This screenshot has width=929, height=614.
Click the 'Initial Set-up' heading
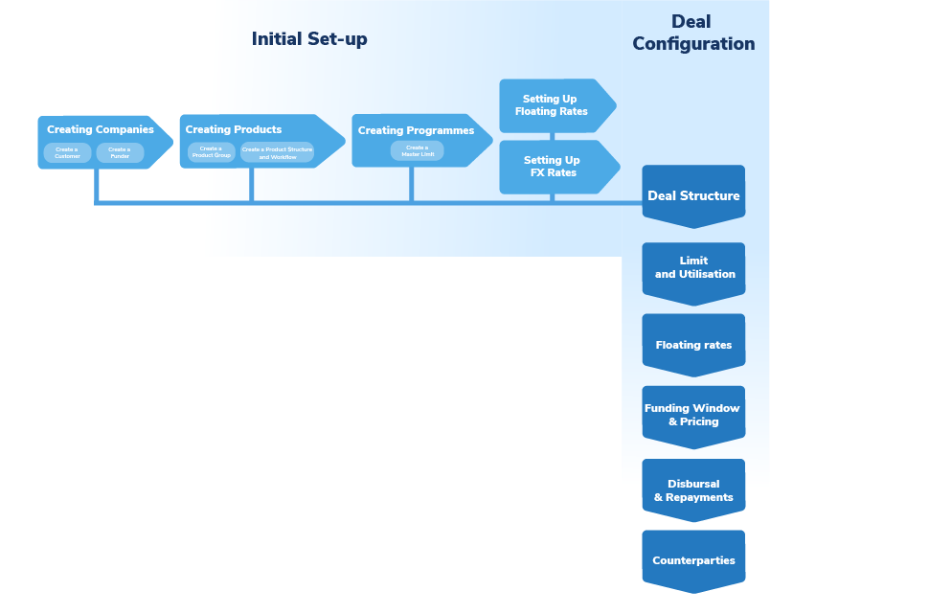click(309, 39)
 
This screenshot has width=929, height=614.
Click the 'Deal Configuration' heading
click(693, 33)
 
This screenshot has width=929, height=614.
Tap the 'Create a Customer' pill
click(67, 152)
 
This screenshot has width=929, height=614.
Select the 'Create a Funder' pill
click(120, 152)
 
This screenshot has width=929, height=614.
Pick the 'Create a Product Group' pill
click(211, 151)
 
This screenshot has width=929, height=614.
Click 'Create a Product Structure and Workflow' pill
click(277, 152)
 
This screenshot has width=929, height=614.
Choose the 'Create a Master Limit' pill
click(417, 150)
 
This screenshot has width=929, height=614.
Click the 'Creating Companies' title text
click(100, 129)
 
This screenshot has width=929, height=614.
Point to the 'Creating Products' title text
click(234, 129)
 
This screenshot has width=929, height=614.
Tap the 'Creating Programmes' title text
click(416, 130)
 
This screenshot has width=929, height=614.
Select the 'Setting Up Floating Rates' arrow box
click(553, 105)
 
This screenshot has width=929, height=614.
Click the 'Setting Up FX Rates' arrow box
click(553, 167)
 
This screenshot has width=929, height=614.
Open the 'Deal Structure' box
click(693, 195)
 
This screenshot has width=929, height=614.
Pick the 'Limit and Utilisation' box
click(693, 268)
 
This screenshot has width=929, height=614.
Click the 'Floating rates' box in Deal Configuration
click(693, 344)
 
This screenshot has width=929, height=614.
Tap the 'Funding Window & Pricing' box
click(693, 415)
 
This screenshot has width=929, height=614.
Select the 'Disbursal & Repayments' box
click(693, 490)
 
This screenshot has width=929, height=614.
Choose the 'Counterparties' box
click(693, 560)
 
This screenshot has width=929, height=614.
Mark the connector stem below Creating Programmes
click(412, 184)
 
